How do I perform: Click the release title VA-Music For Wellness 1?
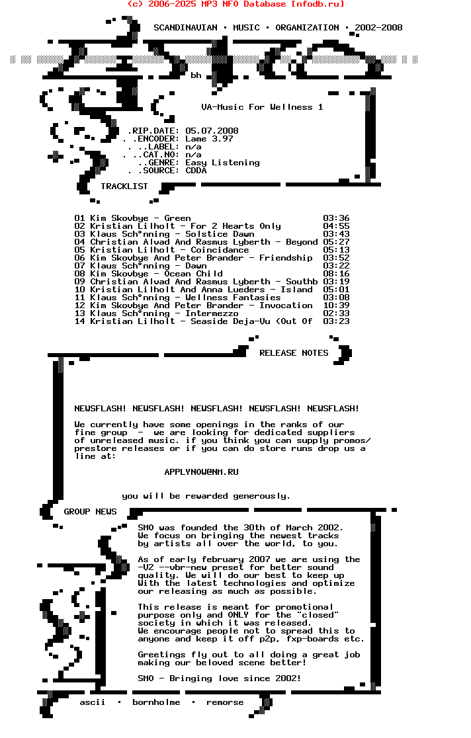point(262,107)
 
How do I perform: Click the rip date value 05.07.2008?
point(212,131)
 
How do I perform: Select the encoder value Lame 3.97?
point(209,139)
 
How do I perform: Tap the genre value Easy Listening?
point(222,163)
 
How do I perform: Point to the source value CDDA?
point(196,171)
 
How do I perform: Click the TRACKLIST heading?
point(124,186)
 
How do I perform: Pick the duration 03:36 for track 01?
point(336,218)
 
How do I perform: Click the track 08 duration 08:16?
point(336,274)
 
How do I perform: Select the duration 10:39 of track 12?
point(336,306)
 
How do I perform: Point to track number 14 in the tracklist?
point(79,321)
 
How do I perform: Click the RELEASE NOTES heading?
point(294,353)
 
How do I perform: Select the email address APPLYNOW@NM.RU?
point(201,472)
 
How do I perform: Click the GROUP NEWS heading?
point(90,512)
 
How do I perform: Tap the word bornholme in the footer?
point(156,702)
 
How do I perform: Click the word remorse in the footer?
point(225,702)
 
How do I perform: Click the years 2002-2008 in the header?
point(378,28)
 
